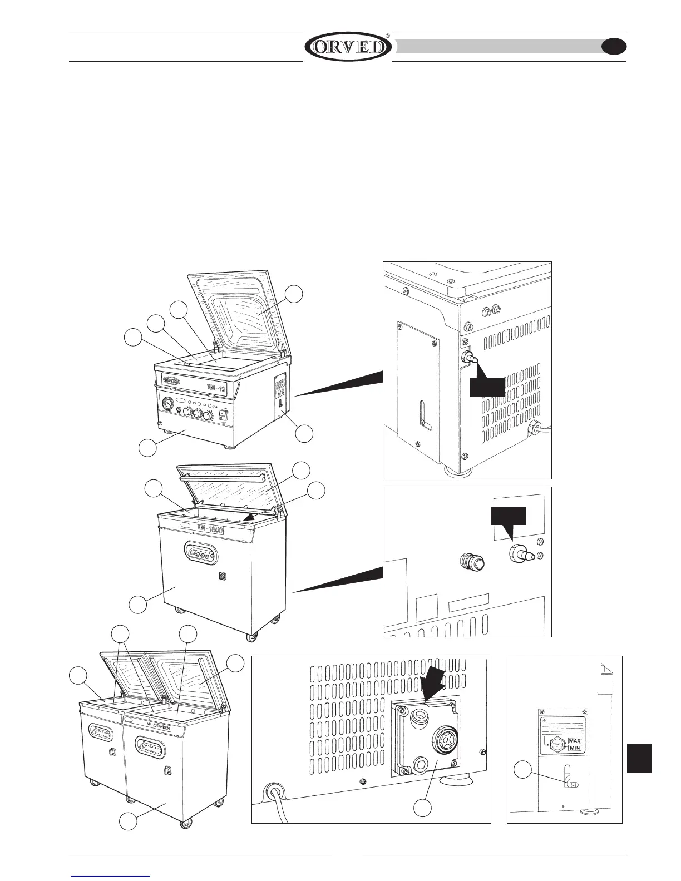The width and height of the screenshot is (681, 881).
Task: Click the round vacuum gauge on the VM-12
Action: click(167, 403)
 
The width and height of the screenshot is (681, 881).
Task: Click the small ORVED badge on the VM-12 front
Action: click(173, 380)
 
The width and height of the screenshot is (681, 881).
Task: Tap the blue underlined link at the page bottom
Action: click(111, 875)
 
